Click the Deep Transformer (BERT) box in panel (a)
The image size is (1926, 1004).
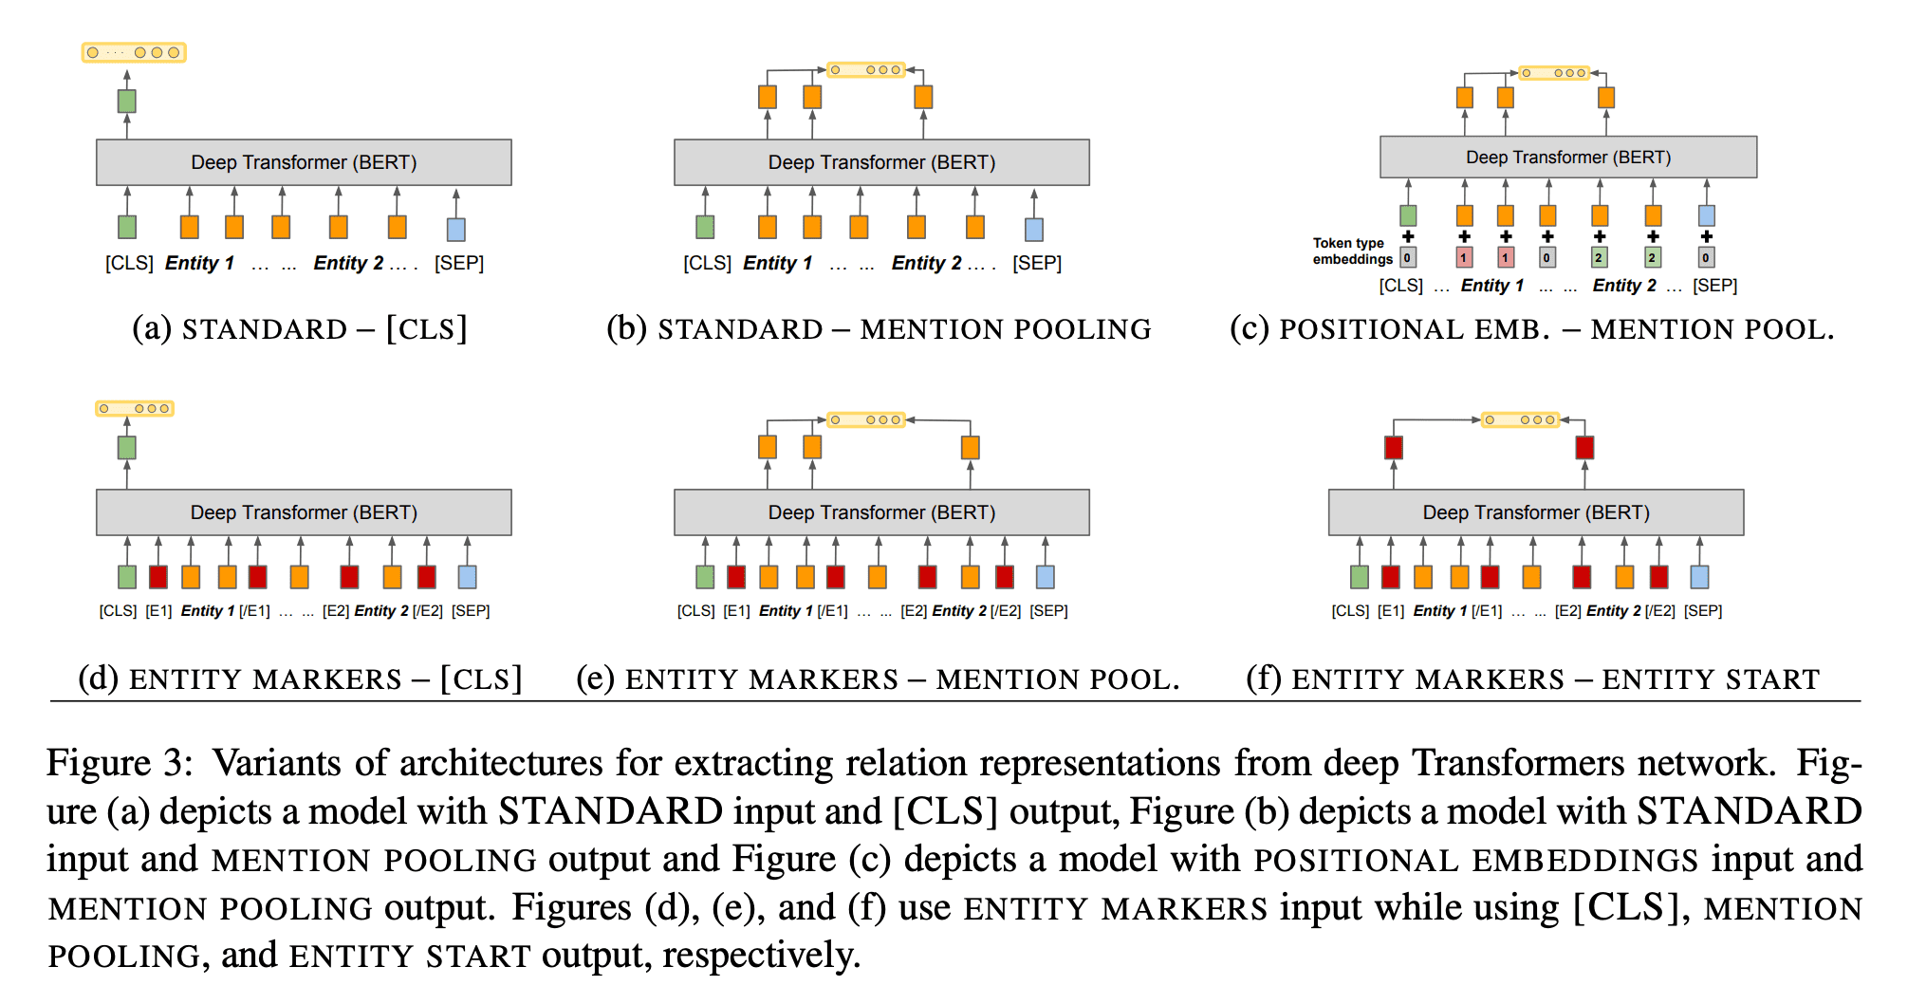point(304,162)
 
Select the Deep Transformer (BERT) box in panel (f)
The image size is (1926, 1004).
point(1535,512)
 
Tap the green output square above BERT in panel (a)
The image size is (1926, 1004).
point(126,101)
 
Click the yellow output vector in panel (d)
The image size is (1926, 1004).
point(134,409)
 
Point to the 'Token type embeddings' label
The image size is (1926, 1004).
point(1351,251)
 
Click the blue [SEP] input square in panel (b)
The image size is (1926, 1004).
point(1034,229)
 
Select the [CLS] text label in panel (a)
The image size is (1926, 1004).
point(129,263)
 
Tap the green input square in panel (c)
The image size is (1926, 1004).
point(1408,215)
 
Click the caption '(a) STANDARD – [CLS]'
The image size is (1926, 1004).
point(300,329)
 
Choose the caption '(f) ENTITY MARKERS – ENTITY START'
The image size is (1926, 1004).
point(1532,679)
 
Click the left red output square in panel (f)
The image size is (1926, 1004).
point(1393,448)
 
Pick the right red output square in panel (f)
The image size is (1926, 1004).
point(1584,448)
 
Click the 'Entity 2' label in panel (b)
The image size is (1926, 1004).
point(926,263)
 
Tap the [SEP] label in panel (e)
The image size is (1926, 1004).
point(1048,611)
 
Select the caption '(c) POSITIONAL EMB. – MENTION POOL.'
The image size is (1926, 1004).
point(1531,329)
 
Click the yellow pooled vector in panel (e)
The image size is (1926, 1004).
point(865,419)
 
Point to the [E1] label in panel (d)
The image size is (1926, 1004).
point(158,611)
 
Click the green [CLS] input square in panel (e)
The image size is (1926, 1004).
point(705,577)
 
